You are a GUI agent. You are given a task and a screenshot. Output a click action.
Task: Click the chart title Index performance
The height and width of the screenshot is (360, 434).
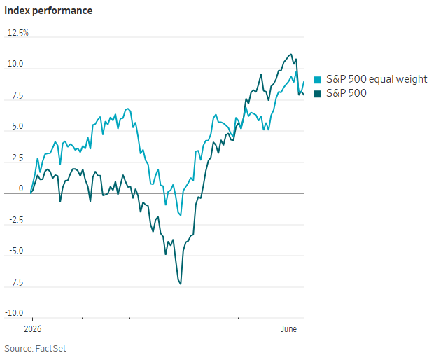coord(48,11)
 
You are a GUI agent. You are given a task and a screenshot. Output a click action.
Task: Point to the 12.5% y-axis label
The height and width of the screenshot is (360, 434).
coord(18,33)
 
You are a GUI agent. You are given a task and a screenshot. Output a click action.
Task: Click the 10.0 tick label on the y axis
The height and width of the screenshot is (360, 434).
coord(15,64)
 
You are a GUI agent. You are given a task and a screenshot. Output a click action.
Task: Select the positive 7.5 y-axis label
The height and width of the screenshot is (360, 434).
coord(17,95)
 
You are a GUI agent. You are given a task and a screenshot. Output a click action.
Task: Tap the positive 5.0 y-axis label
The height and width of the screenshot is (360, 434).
coord(17,126)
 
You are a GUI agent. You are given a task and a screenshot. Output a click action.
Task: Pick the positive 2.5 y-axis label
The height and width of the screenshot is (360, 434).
coord(17,158)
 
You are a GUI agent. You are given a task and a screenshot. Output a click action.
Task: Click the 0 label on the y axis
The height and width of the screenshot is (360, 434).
coord(21,188)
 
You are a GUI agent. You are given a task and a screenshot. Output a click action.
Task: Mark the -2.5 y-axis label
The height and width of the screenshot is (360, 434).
coord(16,220)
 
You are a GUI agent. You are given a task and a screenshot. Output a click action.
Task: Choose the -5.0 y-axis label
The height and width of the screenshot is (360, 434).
coord(16,251)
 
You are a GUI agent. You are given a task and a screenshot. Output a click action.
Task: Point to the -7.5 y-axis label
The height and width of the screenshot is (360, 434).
coord(16,282)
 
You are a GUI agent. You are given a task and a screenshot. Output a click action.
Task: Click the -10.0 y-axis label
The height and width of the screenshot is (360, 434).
coord(14,313)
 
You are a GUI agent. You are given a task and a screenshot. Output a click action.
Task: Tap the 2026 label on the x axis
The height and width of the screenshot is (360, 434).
coord(33,329)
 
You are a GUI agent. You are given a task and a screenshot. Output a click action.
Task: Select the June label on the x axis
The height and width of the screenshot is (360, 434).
coord(288,329)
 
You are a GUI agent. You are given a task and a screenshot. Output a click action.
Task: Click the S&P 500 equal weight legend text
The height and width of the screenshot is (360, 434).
coord(377,79)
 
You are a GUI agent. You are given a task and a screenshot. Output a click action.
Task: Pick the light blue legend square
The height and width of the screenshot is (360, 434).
coord(318,80)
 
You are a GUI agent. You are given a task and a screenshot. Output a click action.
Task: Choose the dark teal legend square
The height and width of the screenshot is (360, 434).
coord(318,94)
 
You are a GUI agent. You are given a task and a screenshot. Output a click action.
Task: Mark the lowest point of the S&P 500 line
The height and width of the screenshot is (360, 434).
coord(181,284)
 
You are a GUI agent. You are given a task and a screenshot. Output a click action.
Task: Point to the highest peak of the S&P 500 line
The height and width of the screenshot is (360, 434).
coord(291,54)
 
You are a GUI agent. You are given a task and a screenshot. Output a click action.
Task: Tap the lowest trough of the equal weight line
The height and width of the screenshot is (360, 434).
coord(181,215)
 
